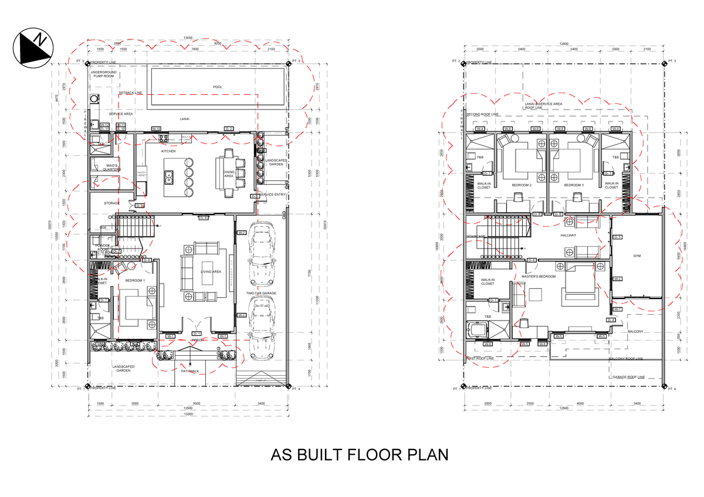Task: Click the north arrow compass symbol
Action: (x=33, y=47)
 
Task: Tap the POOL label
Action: (x=218, y=87)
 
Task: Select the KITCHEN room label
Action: (x=168, y=151)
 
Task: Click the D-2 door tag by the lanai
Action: (x=229, y=128)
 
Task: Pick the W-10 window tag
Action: (x=156, y=128)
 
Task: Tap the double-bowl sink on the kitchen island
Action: (x=169, y=175)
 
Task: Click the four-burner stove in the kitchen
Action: (x=162, y=138)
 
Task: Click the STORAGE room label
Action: (x=111, y=203)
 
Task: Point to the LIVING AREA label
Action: (x=210, y=272)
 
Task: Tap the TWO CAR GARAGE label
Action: (x=261, y=293)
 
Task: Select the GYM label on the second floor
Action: (x=637, y=256)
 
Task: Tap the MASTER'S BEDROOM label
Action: (x=539, y=276)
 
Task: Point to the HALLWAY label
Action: (x=568, y=236)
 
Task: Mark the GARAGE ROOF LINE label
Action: (x=628, y=377)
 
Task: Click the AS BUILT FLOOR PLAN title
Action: (x=359, y=455)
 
